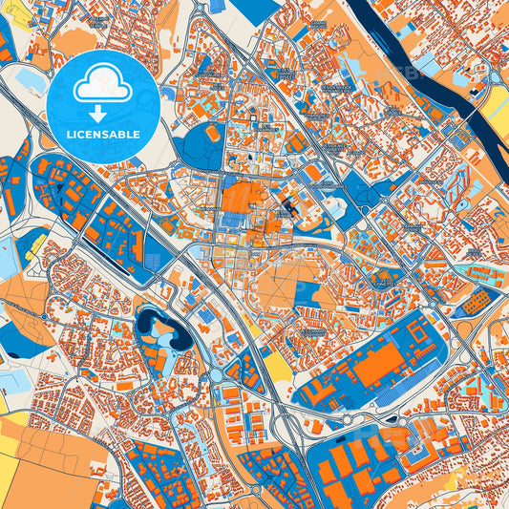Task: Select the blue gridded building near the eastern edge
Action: click(x=475, y=304)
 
